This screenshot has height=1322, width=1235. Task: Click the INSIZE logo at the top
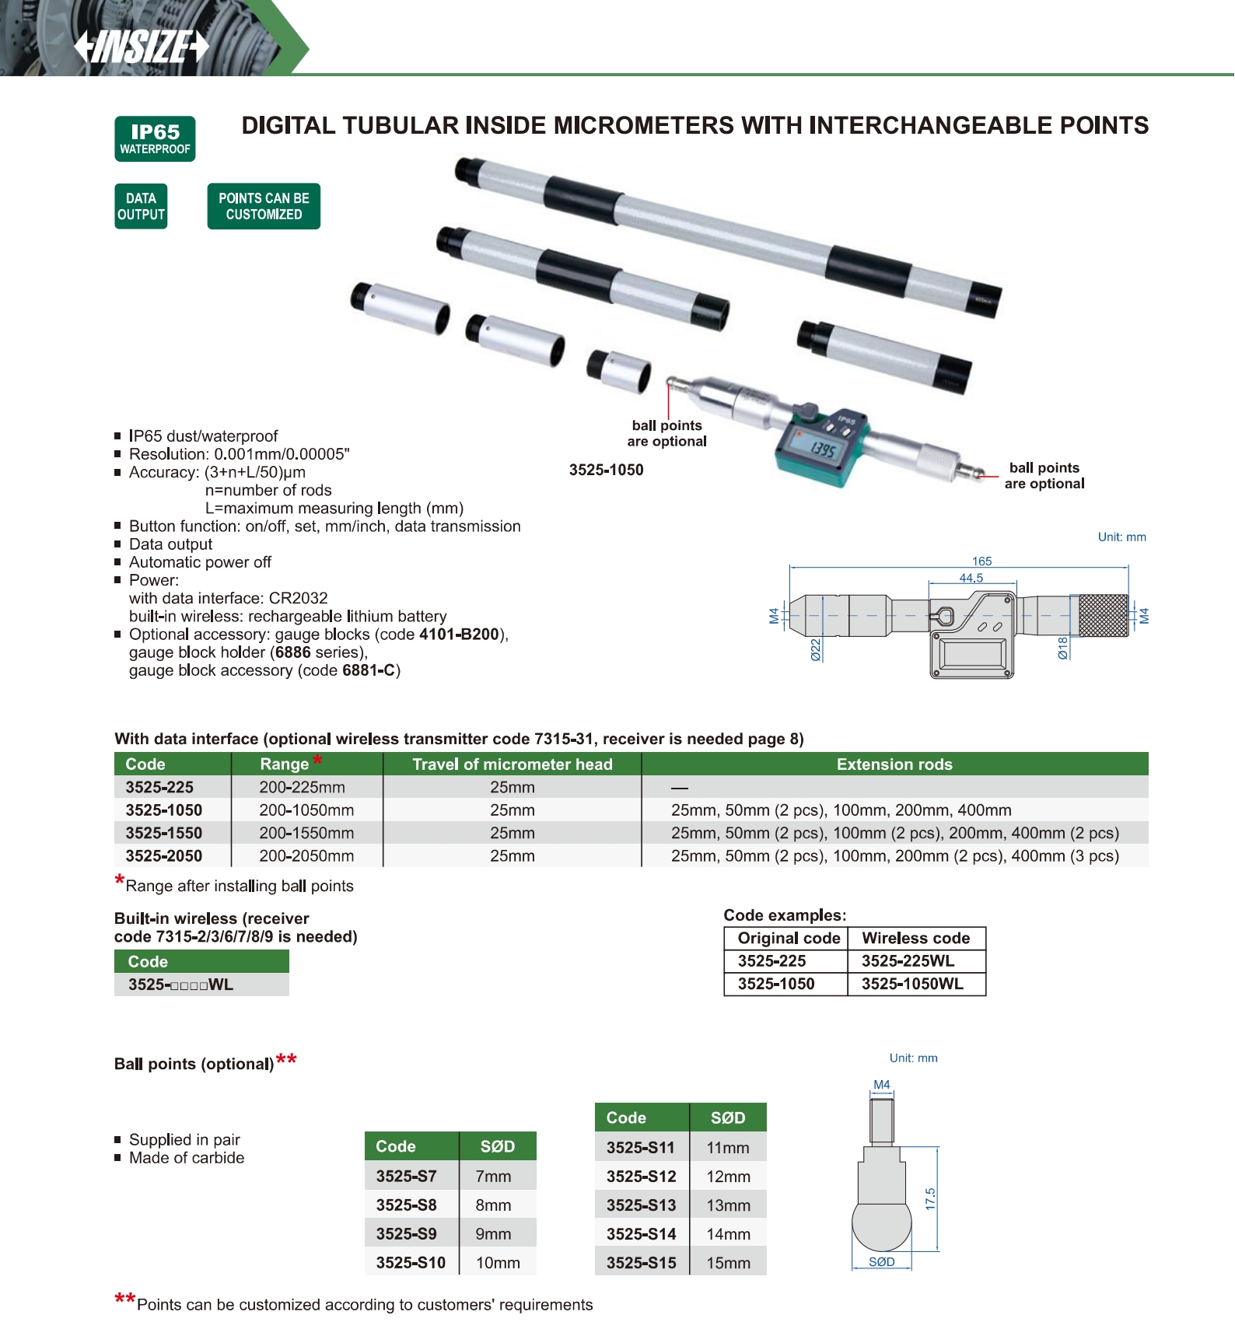coord(142,47)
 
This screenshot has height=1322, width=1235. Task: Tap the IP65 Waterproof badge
coord(155,139)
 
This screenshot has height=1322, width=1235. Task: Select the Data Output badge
coord(141,206)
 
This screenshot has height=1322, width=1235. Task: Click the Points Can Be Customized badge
coord(264,206)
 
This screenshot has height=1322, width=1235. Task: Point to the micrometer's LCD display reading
coord(822,449)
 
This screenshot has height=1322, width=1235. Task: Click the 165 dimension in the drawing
coord(981,561)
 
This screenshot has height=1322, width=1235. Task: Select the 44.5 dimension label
coord(971,578)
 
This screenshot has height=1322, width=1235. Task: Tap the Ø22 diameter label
coord(816,649)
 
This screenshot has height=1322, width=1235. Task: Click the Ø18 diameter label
coord(1062,648)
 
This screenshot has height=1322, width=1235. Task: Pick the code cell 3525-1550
coord(164,833)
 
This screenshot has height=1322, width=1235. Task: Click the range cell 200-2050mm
coord(306,856)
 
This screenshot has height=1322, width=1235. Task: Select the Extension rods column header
coord(894,764)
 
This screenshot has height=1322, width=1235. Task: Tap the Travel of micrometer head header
coord(513,764)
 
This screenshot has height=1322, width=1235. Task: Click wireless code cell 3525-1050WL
coord(912,984)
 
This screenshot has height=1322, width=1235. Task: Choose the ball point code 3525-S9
coord(406,1234)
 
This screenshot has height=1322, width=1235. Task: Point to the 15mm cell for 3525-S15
coord(728,1263)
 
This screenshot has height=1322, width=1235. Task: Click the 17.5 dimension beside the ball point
coord(930,1199)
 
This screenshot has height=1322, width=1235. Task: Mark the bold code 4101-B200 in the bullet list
coord(459,635)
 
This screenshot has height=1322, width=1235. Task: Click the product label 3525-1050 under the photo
coord(606,470)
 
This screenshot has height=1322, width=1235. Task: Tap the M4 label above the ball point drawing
coord(881,1085)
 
